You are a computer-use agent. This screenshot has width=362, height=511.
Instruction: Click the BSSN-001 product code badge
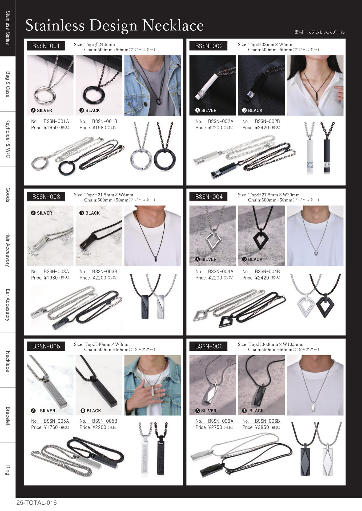pyautogui.click(x=46, y=46)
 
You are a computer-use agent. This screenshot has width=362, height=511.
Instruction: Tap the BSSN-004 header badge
pyautogui.click(x=209, y=197)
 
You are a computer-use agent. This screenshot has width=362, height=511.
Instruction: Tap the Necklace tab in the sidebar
pyautogui.click(x=8, y=361)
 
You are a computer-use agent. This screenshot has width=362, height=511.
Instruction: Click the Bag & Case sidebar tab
pyautogui.click(x=8, y=84)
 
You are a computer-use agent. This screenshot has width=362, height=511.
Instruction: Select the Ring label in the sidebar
pyautogui.click(x=8, y=470)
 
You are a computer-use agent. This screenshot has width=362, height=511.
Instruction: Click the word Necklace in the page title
pyautogui.click(x=173, y=26)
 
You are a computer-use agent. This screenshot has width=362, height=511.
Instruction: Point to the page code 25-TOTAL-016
pyautogui.click(x=37, y=503)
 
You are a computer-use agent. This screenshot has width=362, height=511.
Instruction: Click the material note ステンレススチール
pyautogui.click(x=326, y=32)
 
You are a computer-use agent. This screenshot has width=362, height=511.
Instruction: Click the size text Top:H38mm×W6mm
pyautogui.click(x=271, y=44)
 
